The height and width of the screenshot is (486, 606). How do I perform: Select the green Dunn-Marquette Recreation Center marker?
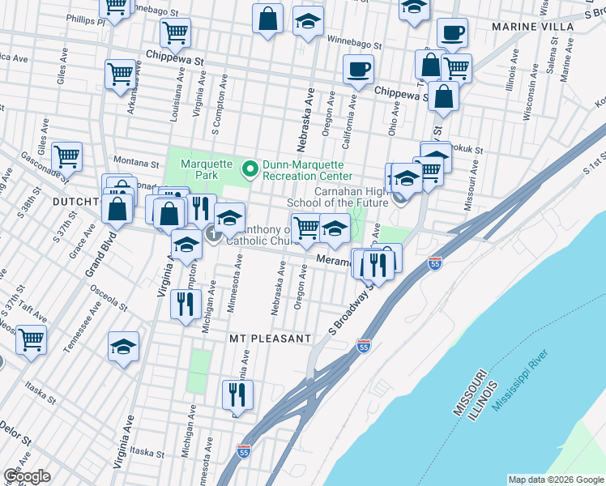point(250,168)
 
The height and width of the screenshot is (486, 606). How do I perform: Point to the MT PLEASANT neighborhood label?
point(270,338)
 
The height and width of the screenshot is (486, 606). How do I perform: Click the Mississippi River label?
point(519,380)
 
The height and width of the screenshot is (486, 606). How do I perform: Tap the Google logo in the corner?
point(27,475)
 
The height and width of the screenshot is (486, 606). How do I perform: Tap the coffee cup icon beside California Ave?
point(357,70)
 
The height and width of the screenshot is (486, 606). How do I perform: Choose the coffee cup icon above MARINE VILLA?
point(452,33)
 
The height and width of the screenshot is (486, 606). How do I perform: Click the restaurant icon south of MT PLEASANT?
point(237,395)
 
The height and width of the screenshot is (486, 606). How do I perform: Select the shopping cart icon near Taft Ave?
point(32,340)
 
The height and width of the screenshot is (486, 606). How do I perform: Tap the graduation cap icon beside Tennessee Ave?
point(123,348)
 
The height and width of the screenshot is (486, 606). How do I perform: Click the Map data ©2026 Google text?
point(556,480)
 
